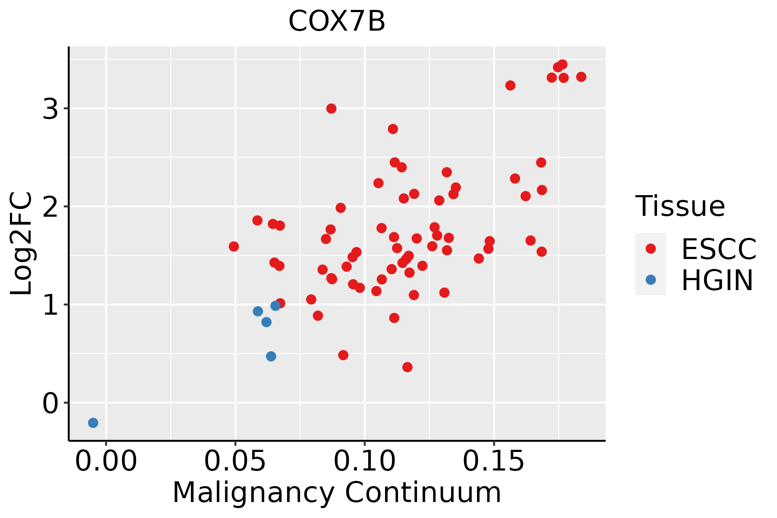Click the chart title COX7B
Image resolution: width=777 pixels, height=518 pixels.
337,21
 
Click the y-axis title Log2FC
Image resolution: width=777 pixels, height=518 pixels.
21,243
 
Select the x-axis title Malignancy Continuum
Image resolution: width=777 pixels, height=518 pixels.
337,493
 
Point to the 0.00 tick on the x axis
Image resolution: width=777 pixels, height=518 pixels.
106,461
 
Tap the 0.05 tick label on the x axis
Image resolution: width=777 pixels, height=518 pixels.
235,461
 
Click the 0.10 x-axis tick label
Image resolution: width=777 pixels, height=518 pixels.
365,461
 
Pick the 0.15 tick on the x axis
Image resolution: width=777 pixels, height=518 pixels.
494,461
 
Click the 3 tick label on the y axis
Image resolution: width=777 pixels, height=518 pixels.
51,108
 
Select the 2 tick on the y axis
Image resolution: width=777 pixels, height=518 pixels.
51,207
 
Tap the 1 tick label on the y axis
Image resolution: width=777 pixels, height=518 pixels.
51,305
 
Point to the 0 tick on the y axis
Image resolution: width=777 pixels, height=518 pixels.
51,403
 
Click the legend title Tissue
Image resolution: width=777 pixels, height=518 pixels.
680,206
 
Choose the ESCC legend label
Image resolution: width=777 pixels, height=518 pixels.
719,249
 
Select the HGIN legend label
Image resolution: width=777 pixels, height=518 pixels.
717,280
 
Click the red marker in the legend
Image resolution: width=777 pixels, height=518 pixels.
651,249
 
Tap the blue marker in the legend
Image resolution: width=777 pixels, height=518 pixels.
651,280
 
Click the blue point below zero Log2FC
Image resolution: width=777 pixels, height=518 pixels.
93,423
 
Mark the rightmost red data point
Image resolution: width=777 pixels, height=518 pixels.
581,77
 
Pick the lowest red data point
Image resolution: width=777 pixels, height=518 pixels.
407,367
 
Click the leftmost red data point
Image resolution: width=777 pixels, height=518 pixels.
234,246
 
